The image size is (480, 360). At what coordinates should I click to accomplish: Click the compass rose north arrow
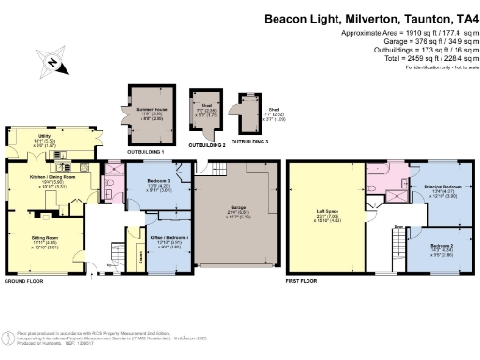click(x=55, y=63)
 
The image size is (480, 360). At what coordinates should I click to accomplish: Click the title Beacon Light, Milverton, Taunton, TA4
click(x=369, y=17)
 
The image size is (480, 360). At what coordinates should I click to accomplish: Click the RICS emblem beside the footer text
click(x=7, y=337)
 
